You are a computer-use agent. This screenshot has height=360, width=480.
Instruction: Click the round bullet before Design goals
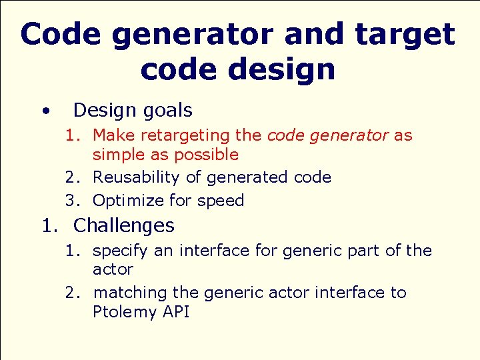click(x=44, y=111)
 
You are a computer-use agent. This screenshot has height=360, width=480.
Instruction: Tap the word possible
click(x=206, y=155)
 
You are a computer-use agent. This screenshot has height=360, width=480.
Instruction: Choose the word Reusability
click(x=136, y=177)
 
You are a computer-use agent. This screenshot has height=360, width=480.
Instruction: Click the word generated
click(x=247, y=177)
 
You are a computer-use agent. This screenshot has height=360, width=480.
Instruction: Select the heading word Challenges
click(x=123, y=225)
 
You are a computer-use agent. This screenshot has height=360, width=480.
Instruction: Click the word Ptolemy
click(x=125, y=312)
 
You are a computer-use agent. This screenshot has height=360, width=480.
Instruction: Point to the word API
click(x=175, y=312)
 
